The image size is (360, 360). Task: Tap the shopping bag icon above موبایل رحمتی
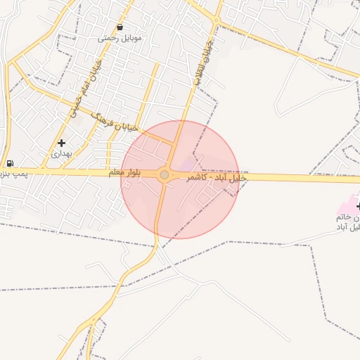click(x=120, y=27)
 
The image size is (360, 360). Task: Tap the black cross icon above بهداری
click(x=62, y=143)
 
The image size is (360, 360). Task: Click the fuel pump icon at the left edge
click(x=8, y=164)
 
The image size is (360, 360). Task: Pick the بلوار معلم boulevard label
click(x=126, y=172)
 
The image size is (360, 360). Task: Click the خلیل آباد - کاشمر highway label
click(x=215, y=179)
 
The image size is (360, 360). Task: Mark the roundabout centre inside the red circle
click(x=165, y=174)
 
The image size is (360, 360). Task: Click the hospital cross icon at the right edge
click(x=358, y=206)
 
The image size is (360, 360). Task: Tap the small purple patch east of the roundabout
click(x=186, y=165)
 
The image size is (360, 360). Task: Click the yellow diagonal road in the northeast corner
click(x=295, y=45)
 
